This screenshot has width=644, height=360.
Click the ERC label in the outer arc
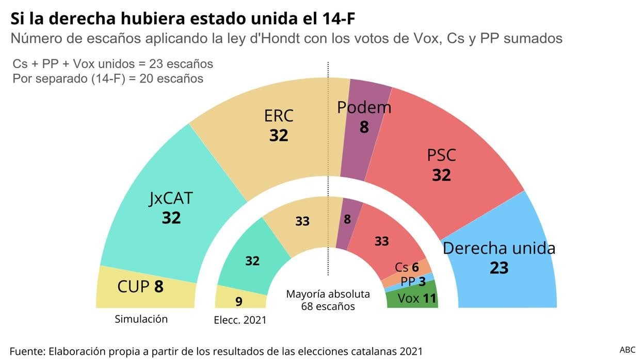pyautogui.click(x=279, y=116)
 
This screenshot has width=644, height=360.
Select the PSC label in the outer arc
pyautogui.click(x=441, y=155)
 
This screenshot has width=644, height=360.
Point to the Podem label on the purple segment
pyautogui.click(x=364, y=107)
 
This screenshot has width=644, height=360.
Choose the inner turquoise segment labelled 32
pyautogui.click(x=252, y=261)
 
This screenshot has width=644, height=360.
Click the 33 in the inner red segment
pyautogui.click(x=381, y=241)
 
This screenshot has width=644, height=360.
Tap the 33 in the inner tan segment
pyautogui.click(x=302, y=221)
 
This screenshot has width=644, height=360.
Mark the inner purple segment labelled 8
pyautogui.click(x=347, y=219)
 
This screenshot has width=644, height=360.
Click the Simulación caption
pyautogui.click(x=141, y=319)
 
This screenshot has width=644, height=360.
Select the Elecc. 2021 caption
pyautogui.click(x=240, y=320)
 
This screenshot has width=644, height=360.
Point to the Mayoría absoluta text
pyautogui.click(x=328, y=294)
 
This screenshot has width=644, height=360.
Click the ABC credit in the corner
pyautogui.click(x=627, y=350)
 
